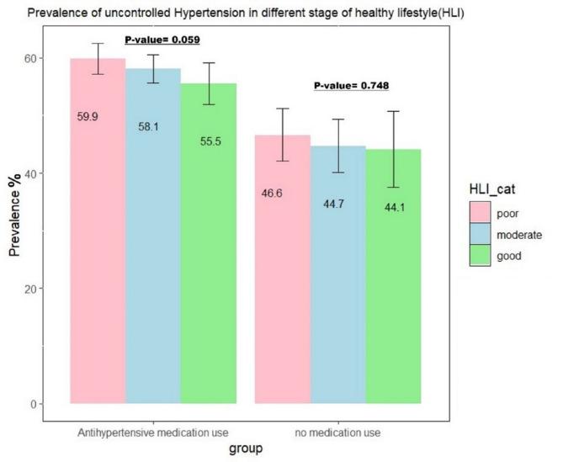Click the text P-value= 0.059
[x=162, y=40]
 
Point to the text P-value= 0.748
[x=351, y=85]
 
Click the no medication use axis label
[x=337, y=433]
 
